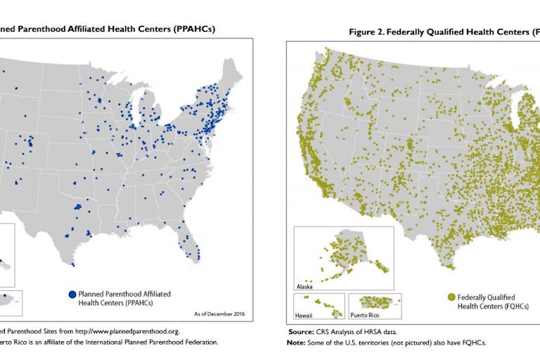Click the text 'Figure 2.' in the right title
point(368,32)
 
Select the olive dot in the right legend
point(452,297)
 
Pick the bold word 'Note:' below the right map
point(300,342)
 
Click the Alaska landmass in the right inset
point(345,253)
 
